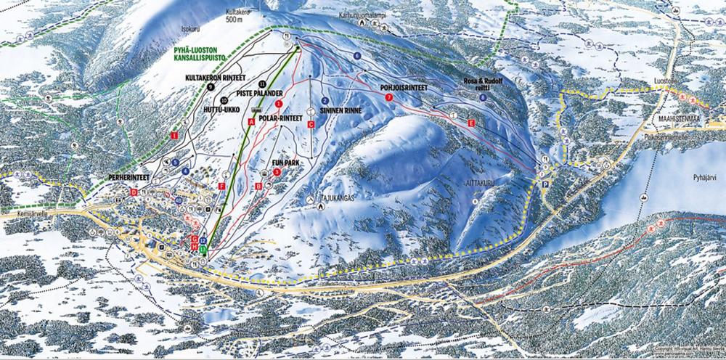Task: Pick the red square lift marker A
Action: (x=252, y=123)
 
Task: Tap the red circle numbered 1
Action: (x=279, y=104)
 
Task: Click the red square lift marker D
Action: (x=134, y=192)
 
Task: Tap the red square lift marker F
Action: (x=221, y=187)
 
